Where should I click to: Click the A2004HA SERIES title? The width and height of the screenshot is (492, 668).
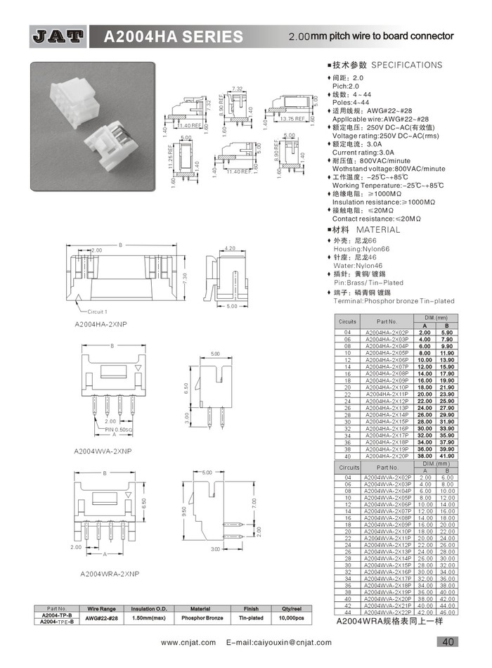(173, 37)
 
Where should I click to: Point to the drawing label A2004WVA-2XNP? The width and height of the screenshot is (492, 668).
(103, 449)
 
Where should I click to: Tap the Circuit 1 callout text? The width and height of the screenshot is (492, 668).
(97, 311)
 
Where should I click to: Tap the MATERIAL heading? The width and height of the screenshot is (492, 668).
(377, 230)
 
